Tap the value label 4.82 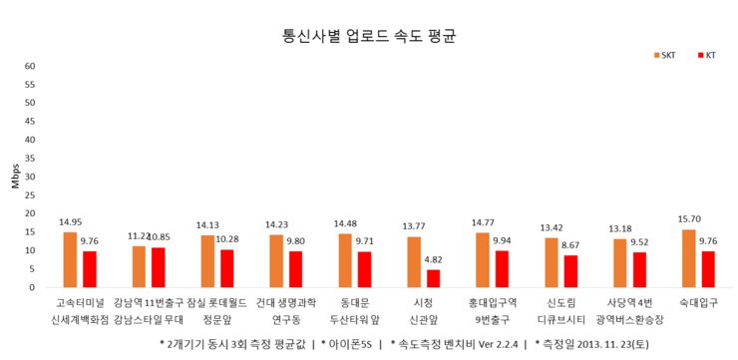coord(433,260)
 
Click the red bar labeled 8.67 coord(569,271)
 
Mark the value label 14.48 coord(345,223)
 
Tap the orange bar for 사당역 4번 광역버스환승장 coord(619,263)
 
